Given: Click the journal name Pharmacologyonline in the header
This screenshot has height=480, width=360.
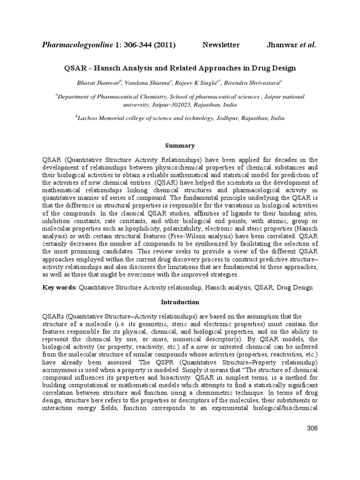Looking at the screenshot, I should tap(77, 45).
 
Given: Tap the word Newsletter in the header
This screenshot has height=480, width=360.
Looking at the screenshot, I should tap(221, 45).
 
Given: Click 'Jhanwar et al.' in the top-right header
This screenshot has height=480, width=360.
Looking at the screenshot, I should tap(291, 45).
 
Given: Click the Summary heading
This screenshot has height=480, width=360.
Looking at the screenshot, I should tap(180, 146).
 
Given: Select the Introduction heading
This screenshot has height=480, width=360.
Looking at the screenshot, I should tap(180, 302).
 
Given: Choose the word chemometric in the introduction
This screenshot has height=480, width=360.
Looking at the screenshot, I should tap(231, 394).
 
